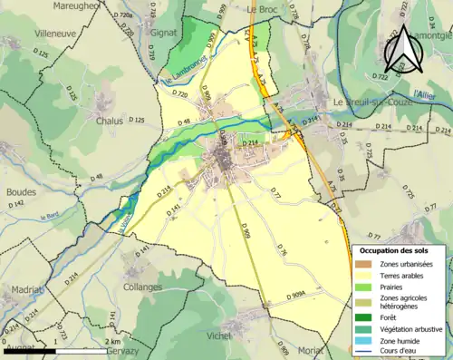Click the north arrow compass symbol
coord(401,49)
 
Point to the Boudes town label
coord(21,192)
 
